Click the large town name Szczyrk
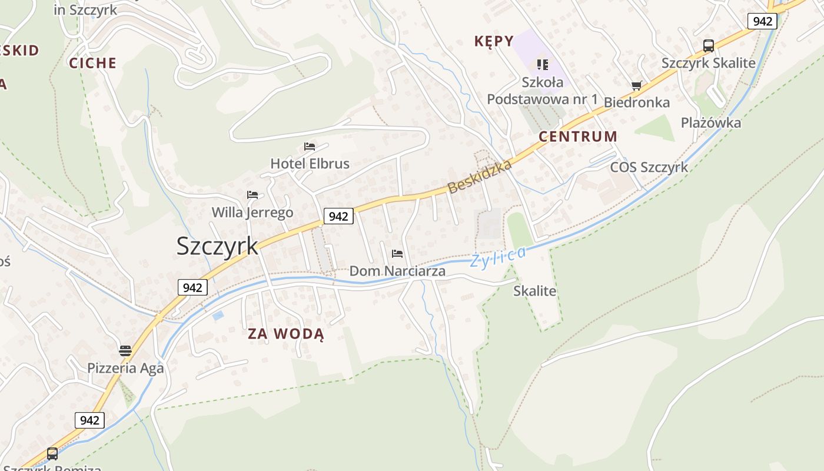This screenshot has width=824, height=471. [217, 246]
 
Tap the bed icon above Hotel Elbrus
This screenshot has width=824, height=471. [310, 147]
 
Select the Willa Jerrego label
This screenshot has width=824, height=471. [252, 213]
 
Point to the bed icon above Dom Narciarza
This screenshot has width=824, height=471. [397, 254]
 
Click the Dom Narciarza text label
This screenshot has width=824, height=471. [397, 271]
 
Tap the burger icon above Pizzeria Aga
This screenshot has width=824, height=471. [125, 351]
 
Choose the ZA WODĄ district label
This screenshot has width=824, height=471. [285, 334]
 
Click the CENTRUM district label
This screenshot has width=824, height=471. [578, 137]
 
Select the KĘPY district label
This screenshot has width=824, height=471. [493, 41]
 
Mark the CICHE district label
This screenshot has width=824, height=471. [93, 64]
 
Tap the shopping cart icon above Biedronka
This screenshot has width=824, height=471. [636, 86]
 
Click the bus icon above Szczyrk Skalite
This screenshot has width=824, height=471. [709, 46]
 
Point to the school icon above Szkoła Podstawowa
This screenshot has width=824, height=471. [542, 64]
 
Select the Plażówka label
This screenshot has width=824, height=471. [710, 123]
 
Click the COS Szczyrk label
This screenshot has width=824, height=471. [649, 167]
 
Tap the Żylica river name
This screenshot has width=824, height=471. [498, 257]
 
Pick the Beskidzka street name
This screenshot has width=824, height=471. [480, 177]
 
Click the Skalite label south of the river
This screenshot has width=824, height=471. [534, 291]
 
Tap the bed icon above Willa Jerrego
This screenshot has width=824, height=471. [252, 195]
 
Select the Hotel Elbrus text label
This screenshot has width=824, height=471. [310, 164]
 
